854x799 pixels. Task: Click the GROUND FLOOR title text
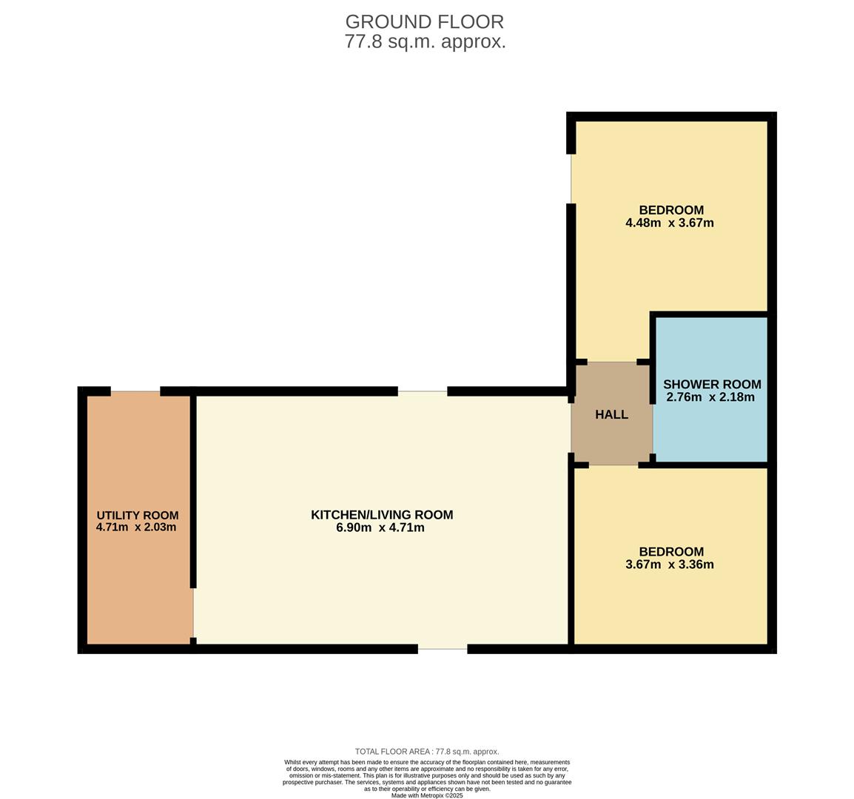tap(424, 21)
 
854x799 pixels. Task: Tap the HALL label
tap(611, 414)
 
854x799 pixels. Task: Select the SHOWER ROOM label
tap(712, 384)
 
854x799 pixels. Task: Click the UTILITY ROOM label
tap(138, 515)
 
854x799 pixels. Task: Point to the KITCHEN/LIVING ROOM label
tap(382, 515)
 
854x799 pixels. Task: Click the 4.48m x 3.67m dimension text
tap(670, 223)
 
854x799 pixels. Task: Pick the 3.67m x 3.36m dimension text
tap(670, 564)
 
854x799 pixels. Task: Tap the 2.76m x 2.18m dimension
tap(710, 397)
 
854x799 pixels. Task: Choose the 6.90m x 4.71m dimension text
tap(380, 527)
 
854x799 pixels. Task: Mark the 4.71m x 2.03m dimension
tap(136, 527)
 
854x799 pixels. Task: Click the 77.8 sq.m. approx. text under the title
tap(426, 41)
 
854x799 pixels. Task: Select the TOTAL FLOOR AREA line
tap(427, 752)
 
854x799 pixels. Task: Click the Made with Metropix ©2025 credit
tap(427, 796)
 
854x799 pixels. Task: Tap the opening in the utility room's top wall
tap(135, 391)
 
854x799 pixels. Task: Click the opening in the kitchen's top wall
tap(423, 391)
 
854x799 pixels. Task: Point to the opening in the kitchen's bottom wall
tap(443, 649)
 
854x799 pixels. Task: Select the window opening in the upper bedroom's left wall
tap(571, 178)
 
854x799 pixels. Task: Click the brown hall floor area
tap(611, 414)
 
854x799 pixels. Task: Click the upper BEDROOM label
tap(671, 209)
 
